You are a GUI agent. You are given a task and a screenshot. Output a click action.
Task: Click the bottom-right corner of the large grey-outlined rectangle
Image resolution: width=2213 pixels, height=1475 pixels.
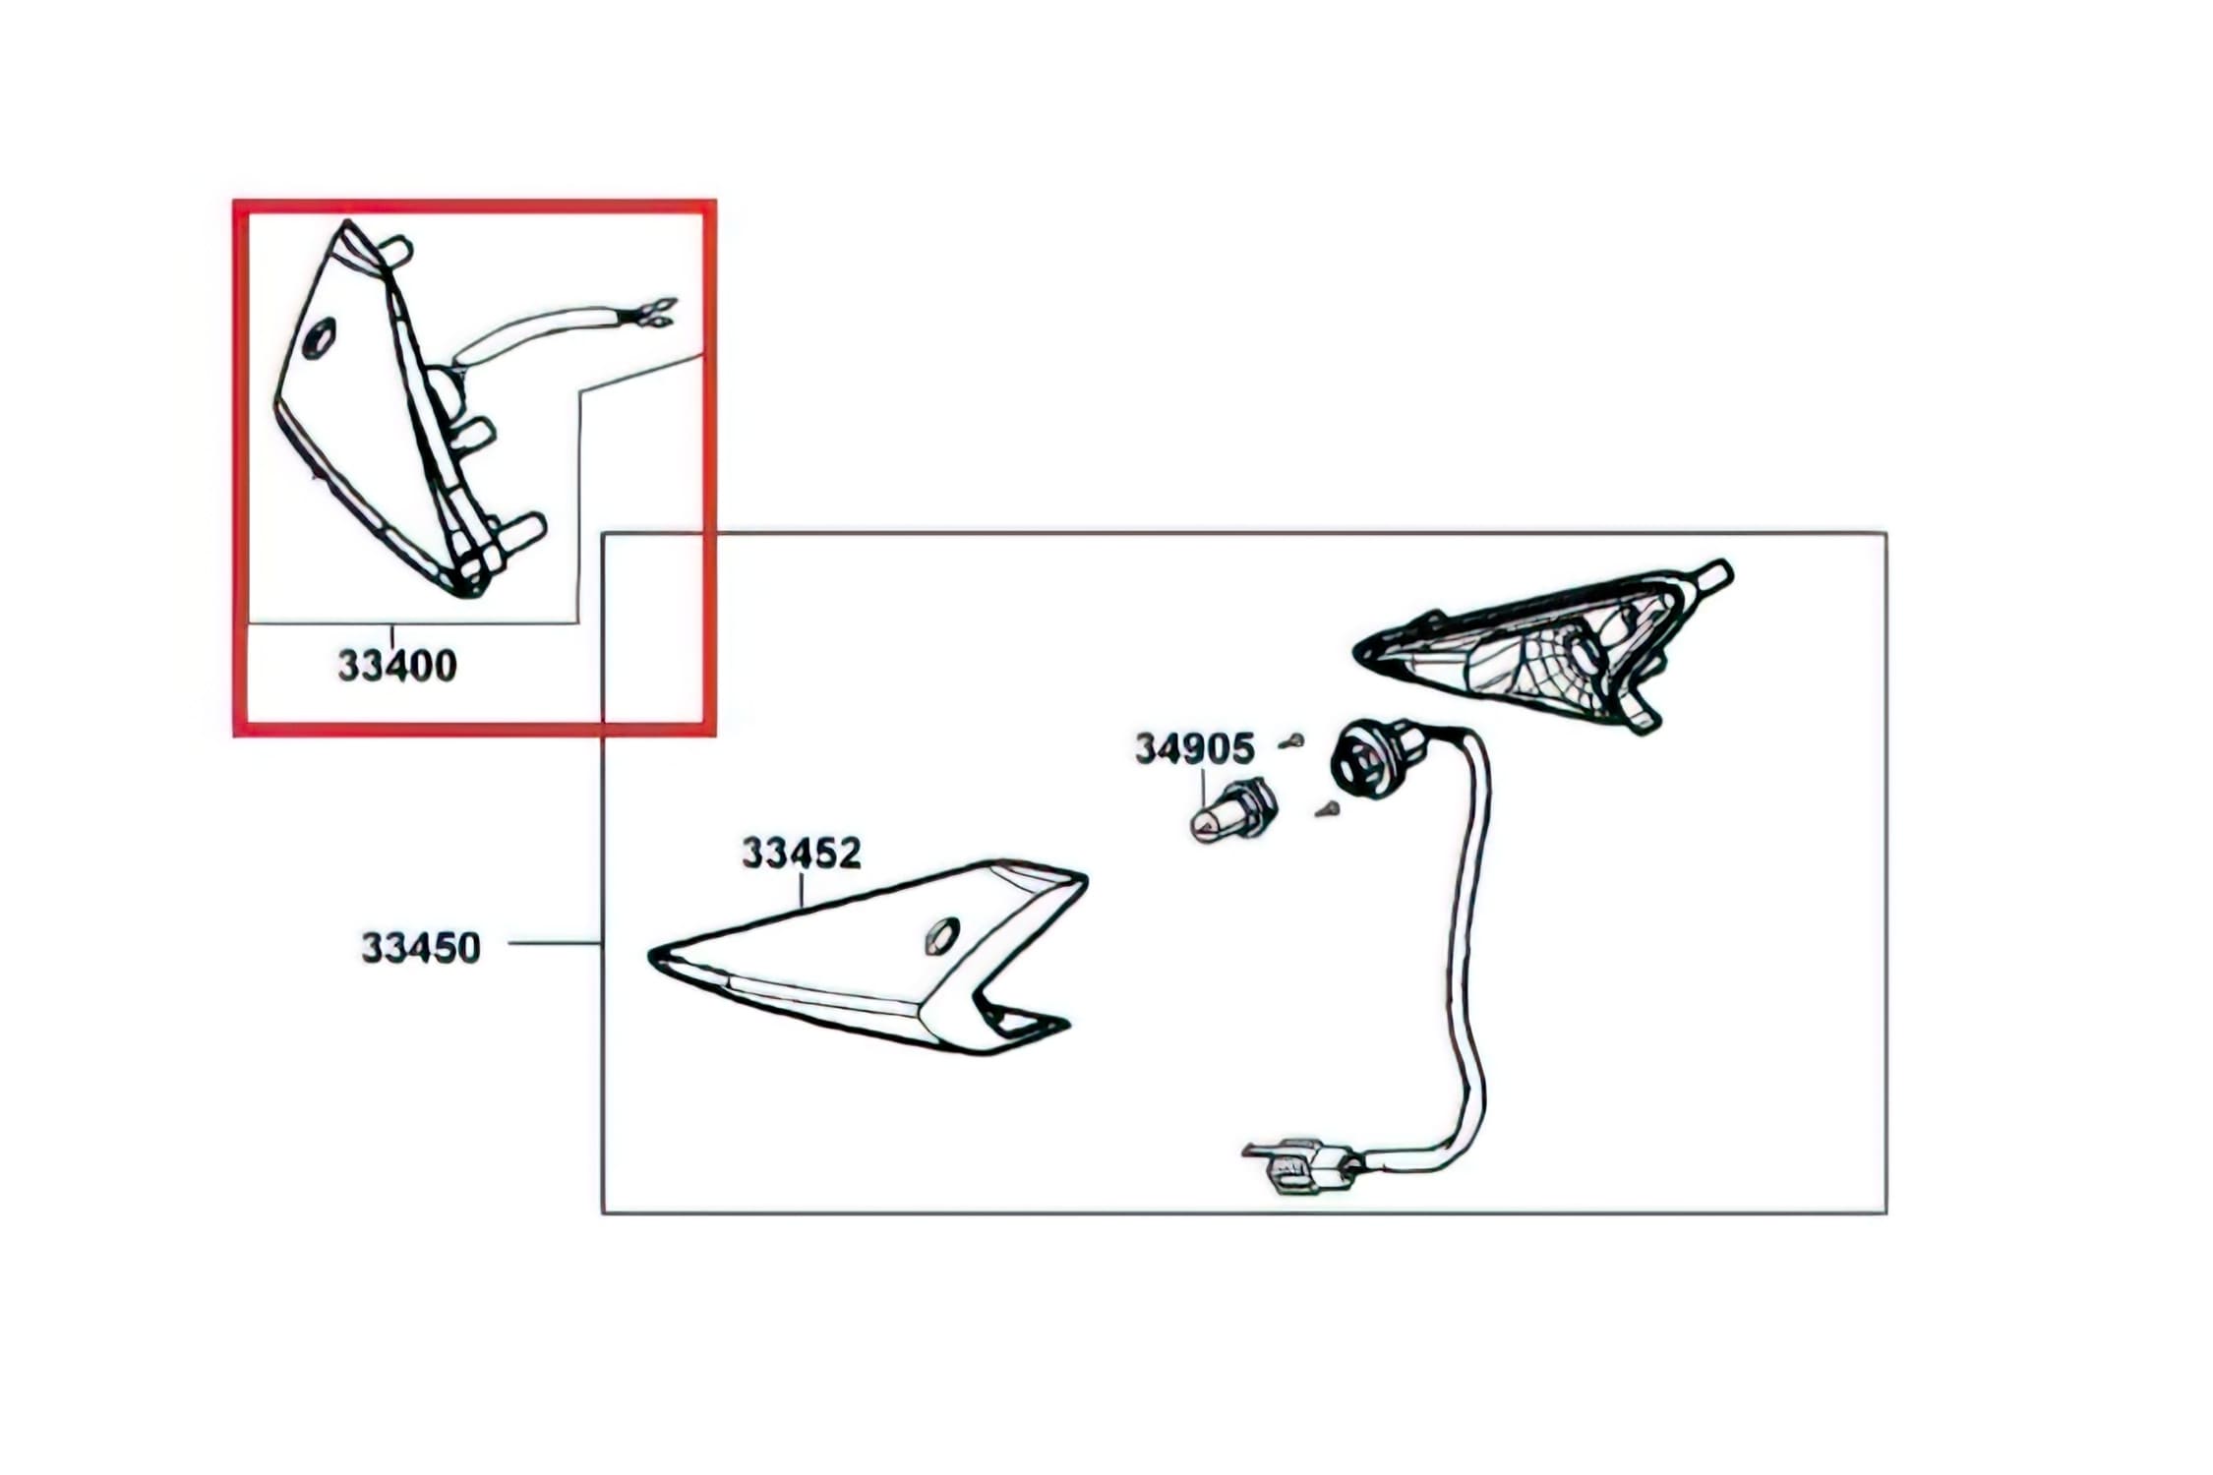coord(1885,1212)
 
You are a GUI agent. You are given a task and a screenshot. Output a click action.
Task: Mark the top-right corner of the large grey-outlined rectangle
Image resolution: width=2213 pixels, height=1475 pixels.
coord(1885,534)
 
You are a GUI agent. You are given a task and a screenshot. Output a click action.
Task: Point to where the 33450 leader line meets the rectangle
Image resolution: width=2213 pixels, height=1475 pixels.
coord(602,943)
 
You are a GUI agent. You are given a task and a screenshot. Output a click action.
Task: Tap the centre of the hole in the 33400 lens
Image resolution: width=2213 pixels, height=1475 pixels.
coord(320,339)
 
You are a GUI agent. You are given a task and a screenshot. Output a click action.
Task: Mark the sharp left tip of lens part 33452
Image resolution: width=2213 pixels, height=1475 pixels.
coord(650,953)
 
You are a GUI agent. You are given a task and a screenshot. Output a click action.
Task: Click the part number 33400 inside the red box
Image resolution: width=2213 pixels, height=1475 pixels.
coord(397,666)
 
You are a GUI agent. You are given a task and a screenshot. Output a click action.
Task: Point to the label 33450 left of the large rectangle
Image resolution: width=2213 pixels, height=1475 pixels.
coord(421,948)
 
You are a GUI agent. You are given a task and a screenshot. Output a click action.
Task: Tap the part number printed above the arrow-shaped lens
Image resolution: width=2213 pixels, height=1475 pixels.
coord(802,853)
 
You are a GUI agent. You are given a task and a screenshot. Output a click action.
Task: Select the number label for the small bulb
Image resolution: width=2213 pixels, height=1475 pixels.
coord(1195,749)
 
